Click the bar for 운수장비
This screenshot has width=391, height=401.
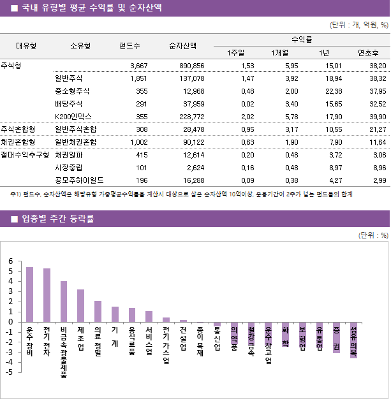click(x=29, y=295)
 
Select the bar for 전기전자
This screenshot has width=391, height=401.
click(x=47, y=295)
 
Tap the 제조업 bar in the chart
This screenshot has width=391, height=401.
click(x=80, y=305)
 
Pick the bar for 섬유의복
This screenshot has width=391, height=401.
click(x=353, y=340)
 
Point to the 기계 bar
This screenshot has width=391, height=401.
click(x=115, y=314)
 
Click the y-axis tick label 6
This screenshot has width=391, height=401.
click(x=11, y=261)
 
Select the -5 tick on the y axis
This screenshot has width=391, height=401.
click(x=10, y=372)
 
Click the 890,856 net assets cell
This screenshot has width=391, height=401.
click(x=191, y=66)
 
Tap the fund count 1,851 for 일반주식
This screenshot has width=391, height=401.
click(x=138, y=78)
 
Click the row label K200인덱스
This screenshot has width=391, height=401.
click(x=73, y=117)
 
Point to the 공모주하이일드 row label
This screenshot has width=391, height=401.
click(x=79, y=180)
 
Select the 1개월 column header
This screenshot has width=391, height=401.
click(x=281, y=52)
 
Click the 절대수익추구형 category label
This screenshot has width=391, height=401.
click(x=25, y=155)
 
